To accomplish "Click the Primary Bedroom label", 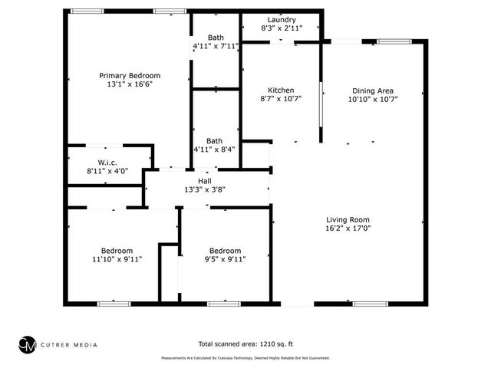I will pyautogui.click(x=130, y=75).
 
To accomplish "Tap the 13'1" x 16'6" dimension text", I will pyautogui.click(x=130, y=85).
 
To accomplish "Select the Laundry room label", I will pyautogui.click(x=282, y=19).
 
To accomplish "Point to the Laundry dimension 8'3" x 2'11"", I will pyautogui.click(x=282, y=28).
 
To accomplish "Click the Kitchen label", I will pyautogui.click(x=281, y=90).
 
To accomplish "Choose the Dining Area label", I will pyautogui.click(x=373, y=90).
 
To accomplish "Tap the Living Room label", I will pyautogui.click(x=348, y=219).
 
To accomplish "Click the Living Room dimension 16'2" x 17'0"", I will pyautogui.click(x=348, y=228).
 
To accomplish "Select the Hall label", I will pyautogui.click(x=205, y=180).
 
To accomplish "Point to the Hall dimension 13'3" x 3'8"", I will pyautogui.click(x=205, y=189).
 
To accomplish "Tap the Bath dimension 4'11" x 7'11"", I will pyautogui.click(x=216, y=47).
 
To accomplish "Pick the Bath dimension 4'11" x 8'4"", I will pyautogui.click(x=216, y=150).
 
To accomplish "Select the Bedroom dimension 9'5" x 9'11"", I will pyautogui.click(x=226, y=260).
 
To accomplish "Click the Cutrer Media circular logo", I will pyautogui.click(x=28, y=344).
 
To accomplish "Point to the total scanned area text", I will pyautogui.click(x=245, y=344).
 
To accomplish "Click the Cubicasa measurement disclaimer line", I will pyautogui.click(x=245, y=358).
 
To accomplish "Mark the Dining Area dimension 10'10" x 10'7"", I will pyautogui.click(x=373, y=99).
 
